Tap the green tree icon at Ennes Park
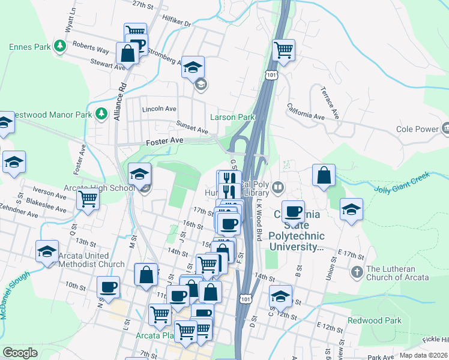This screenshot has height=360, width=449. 59,46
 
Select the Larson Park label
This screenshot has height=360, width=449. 232,116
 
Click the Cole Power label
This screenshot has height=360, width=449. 418,129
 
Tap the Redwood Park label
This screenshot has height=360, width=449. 378,320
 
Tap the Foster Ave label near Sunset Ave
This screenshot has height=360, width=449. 164,141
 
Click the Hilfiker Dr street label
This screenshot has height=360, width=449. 176,21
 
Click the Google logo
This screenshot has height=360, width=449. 20,352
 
